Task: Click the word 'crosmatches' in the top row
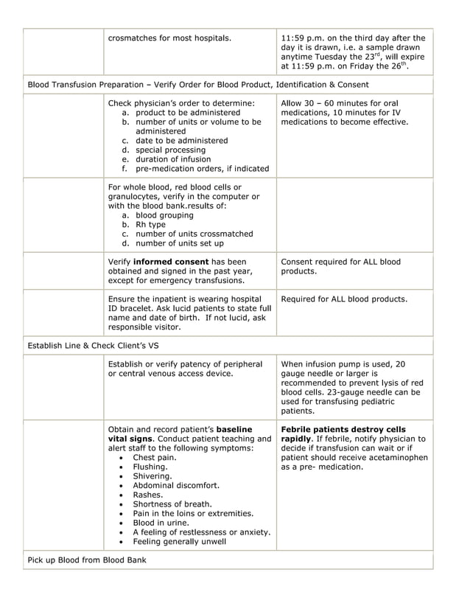point(132,38)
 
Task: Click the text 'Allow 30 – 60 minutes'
point(326,103)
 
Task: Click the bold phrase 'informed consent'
point(169,262)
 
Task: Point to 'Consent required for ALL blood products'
point(340,266)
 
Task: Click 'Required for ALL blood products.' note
point(344,299)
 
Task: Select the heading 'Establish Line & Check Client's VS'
point(93,345)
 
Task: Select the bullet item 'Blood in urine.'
point(161,523)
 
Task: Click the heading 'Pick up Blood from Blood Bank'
point(87,560)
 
